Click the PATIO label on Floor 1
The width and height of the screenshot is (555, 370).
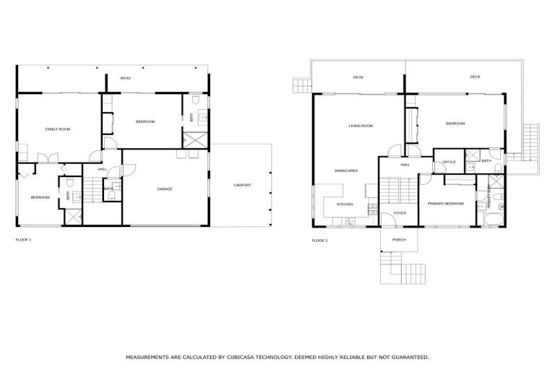click(x=125, y=77)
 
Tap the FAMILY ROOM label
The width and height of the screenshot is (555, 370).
click(x=58, y=129)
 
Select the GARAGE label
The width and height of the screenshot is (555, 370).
click(x=165, y=189)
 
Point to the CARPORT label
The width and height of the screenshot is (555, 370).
click(x=242, y=185)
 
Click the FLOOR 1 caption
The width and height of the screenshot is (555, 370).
click(x=24, y=239)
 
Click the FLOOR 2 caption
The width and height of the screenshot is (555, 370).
click(x=319, y=240)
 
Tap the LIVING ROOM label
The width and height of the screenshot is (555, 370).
click(x=360, y=126)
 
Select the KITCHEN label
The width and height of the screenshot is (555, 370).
click(x=345, y=205)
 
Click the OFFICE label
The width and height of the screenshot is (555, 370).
click(x=448, y=162)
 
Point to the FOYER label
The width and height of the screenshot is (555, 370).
click(x=399, y=213)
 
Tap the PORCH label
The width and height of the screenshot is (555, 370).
click(x=399, y=239)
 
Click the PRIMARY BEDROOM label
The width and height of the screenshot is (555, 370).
click(x=445, y=204)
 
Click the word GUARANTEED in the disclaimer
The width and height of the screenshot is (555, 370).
click(x=408, y=357)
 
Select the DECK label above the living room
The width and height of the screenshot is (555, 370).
click(x=358, y=77)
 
